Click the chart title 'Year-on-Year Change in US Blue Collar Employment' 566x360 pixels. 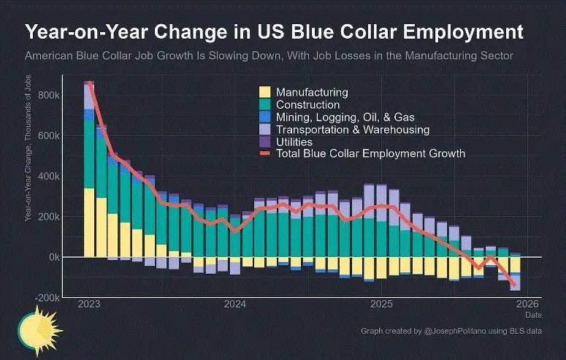(x=275, y=33)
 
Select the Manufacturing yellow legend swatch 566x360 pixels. (x=264, y=93)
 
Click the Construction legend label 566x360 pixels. (x=307, y=105)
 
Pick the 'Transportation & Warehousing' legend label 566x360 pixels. (x=352, y=130)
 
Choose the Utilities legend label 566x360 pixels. (x=294, y=142)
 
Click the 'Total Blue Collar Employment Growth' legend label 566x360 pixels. (x=370, y=154)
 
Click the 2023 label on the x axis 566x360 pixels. (x=88, y=304)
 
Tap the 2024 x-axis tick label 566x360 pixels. (x=235, y=304)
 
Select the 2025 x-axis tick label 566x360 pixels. (x=382, y=304)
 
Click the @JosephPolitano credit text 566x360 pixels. (x=451, y=332)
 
